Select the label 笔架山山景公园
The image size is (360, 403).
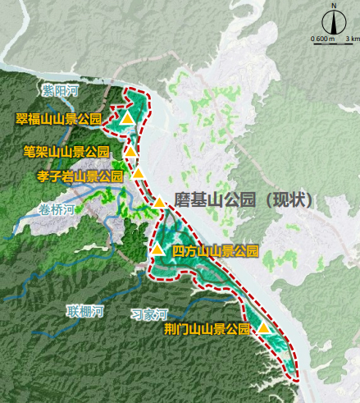tap(66, 152)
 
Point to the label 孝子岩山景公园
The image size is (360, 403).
tap(80, 176)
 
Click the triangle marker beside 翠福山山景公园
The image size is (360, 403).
tap(126, 119)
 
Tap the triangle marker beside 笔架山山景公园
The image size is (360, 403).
tap(130, 151)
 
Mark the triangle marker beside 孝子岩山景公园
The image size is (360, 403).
tap(139, 173)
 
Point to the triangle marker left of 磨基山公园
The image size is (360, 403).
tap(159, 203)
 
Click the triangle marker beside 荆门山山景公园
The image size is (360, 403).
tap(263, 328)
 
